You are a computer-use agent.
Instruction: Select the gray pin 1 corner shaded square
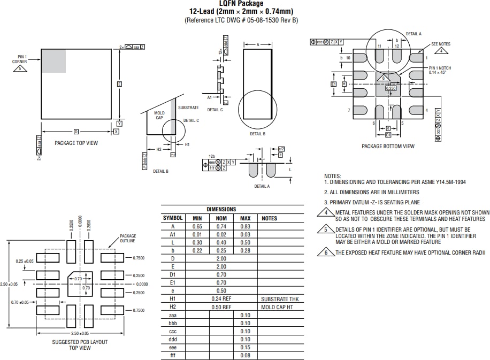pyautogui.click(x=53, y=61)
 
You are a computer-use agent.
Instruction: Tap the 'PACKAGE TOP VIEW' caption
pyautogui.click(x=76, y=143)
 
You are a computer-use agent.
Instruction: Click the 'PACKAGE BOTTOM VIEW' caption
pyautogui.click(x=388, y=146)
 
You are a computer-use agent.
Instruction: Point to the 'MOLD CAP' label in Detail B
pyautogui.click(x=159, y=116)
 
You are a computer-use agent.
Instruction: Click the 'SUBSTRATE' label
pyautogui.click(x=188, y=108)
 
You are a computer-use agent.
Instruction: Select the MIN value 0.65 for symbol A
pyautogui.click(x=197, y=226)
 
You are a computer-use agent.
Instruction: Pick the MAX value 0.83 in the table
pyautogui.click(x=245, y=226)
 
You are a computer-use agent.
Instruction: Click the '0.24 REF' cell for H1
pyautogui.click(x=221, y=298)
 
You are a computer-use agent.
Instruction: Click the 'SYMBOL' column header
pyautogui.click(x=173, y=218)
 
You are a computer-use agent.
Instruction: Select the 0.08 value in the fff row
pyautogui.click(x=245, y=355)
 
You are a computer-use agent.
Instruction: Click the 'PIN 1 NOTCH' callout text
pyautogui.click(x=441, y=68)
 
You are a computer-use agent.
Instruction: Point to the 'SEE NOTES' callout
pyautogui.click(x=441, y=44)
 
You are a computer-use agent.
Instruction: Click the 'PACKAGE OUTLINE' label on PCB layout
pyautogui.click(x=128, y=238)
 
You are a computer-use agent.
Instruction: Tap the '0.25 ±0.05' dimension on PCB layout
pyautogui.click(x=25, y=261)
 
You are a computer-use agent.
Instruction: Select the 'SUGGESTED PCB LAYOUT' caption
pyautogui.click(x=80, y=342)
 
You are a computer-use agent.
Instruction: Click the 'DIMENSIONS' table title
pyautogui.click(x=221, y=209)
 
